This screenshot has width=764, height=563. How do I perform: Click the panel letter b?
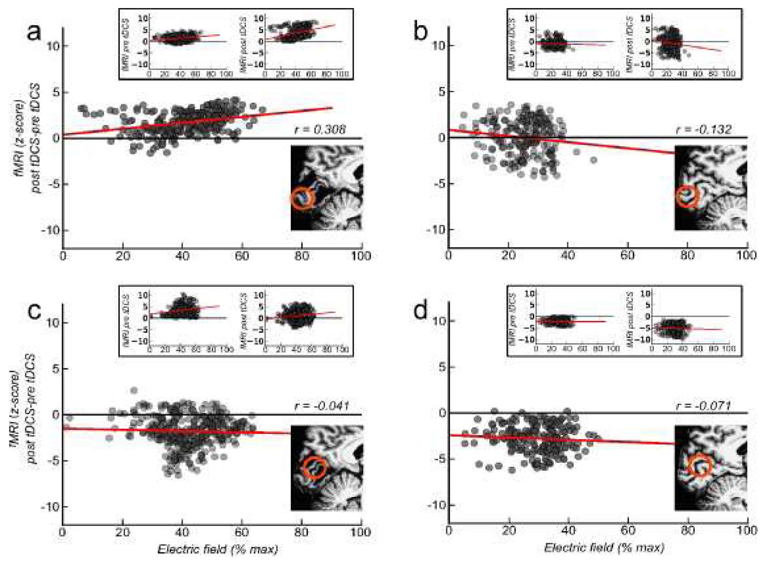(420, 33)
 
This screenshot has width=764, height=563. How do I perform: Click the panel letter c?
(34, 311)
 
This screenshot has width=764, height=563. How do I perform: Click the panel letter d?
(420, 311)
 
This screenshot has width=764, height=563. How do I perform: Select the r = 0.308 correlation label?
(319, 130)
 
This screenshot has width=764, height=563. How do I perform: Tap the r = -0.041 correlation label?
(322, 406)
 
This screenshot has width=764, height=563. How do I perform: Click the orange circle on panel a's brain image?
(302, 198)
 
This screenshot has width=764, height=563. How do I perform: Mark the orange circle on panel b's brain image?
(687, 196)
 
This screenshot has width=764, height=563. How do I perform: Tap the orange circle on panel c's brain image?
(315, 468)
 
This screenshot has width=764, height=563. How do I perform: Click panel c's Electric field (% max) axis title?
(218, 549)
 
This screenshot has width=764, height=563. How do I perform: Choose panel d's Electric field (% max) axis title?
(604, 548)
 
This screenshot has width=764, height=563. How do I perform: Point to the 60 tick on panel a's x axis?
(242, 256)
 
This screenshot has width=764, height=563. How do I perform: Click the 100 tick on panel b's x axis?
(746, 255)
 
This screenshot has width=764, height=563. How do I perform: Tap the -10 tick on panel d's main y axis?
(435, 505)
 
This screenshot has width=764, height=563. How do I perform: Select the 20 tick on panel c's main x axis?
(122, 532)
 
